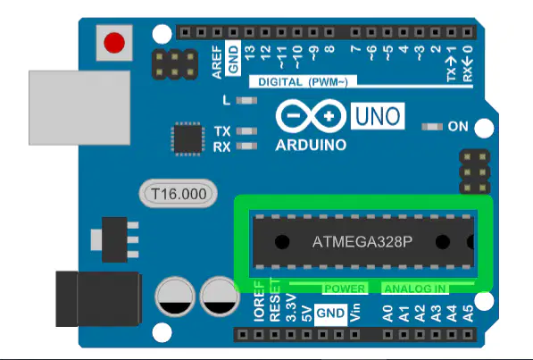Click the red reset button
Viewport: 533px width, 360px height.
[x=114, y=43]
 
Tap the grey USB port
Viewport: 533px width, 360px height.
[x=79, y=108]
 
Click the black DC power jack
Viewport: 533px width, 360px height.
[x=98, y=298]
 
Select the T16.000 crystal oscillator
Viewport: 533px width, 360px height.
[x=179, y=194]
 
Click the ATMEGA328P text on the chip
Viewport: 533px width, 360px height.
[x=362, y=242]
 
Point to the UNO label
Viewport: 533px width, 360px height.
[x=378, y=116]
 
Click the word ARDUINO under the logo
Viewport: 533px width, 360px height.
[x=311, y=146]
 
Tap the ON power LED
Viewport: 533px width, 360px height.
[x=432, y=127]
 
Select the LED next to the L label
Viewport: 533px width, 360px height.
[x=246, y=100]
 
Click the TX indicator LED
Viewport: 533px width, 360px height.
[x=246, y=131]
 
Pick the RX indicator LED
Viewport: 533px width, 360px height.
[x=246, y=147]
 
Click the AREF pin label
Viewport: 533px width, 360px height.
[x=217, y=63]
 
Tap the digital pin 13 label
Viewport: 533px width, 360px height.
[x=250, y=53]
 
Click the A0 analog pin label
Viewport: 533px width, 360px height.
[x=387, y=314]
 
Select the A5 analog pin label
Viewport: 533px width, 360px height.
[x=468, y=314]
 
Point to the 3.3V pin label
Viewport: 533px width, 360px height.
[x=291, y=308]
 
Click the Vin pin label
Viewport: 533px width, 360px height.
[x=354, y=313]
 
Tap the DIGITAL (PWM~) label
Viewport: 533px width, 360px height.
[x=303, y=82]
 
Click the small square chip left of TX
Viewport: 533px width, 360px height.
[x=188, y=138]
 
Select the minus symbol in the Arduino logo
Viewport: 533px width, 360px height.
[x=294, y=116]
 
